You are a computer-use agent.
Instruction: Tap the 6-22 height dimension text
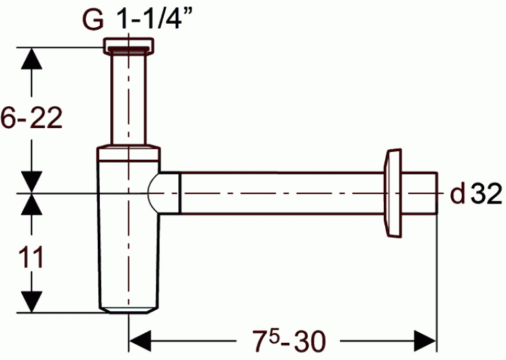[31, 118]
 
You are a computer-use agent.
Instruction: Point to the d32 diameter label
[476, 194]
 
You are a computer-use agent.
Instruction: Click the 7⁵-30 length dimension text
[288, 341]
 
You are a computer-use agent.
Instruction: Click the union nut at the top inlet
[128, 46]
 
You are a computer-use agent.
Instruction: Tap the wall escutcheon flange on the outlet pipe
[393, 194]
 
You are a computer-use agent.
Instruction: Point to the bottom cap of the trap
[128, 310]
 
